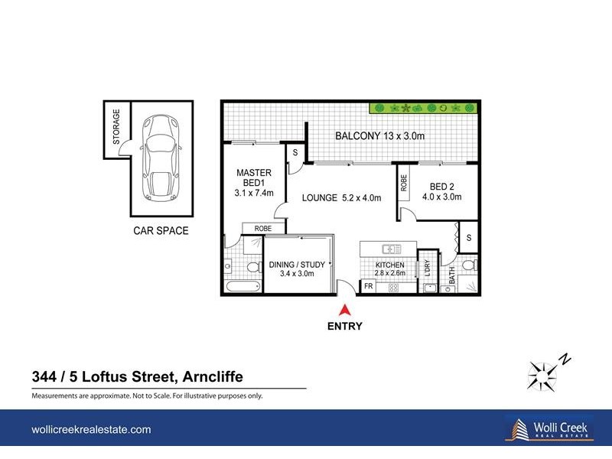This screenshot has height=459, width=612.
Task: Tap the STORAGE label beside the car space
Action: point(117,127)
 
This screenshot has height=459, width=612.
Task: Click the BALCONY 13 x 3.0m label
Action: point(380,136)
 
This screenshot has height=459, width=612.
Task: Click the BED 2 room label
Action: point(443,191)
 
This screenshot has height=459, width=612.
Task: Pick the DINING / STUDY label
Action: point(298,269)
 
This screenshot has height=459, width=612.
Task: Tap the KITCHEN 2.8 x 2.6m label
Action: point(389,269)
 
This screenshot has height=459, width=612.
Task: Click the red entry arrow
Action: point(345,311)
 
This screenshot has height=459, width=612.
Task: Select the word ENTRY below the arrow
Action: point(346,326)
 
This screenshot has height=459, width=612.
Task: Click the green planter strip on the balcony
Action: point(419,108)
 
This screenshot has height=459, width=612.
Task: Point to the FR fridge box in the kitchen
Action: point(368,287)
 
